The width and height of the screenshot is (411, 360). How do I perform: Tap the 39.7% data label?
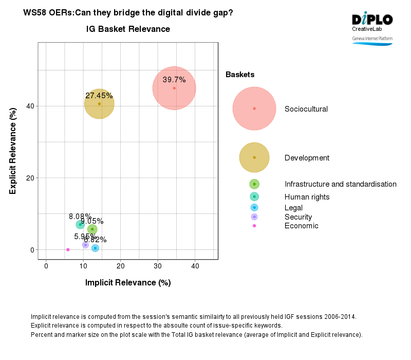174,80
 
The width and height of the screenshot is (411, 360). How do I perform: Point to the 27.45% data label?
99,96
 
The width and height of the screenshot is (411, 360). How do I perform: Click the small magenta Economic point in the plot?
68,249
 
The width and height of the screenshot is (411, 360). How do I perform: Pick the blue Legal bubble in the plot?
95,248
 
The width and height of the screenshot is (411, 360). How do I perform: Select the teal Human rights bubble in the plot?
80,224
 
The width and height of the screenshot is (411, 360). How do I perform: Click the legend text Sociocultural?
306,109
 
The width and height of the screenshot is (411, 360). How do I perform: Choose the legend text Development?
307,158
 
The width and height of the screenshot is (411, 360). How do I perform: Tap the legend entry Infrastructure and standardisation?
340,184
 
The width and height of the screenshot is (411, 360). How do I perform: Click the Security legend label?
298,217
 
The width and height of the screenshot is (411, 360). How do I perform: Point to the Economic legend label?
301,226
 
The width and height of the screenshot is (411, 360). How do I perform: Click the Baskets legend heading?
240,75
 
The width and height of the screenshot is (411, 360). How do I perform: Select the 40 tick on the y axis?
30,106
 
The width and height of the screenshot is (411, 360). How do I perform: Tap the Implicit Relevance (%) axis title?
128,282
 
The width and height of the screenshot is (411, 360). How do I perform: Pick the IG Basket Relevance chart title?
128,29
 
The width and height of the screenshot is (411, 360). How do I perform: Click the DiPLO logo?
372,20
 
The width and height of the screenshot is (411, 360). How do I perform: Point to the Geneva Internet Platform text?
372,39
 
